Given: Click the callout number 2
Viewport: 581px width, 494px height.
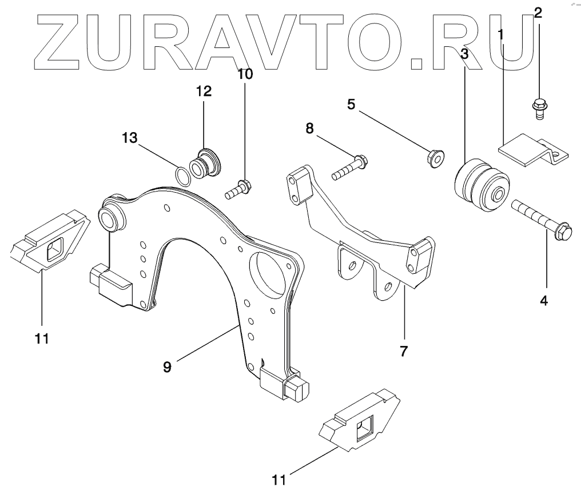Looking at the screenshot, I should (x=538, y=13).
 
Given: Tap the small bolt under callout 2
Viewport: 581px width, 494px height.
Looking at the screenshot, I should (x=539, y=107).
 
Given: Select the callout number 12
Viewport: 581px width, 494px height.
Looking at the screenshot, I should (x=204, y=90).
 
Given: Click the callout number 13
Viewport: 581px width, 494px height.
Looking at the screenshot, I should (x=130, y=137).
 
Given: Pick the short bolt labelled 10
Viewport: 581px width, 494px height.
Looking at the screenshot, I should (x=238, y=189).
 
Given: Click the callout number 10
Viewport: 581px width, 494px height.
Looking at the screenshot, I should (x=245, y=73).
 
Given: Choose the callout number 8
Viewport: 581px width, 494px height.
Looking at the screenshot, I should (x=309, y=129).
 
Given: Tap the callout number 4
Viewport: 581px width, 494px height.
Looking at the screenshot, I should (x=544, y=299).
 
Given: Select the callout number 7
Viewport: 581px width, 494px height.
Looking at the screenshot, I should (x=403, y=351).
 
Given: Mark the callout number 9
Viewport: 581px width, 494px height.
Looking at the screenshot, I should (x=167, y=366).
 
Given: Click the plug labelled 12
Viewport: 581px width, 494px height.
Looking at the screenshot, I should (x=207, y=164).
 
